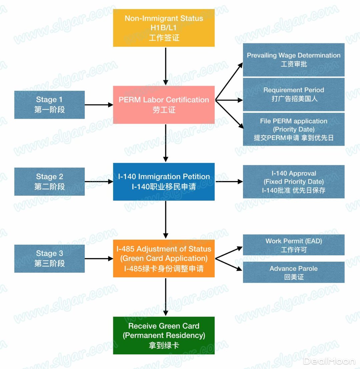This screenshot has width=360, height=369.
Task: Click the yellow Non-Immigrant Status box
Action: [164, 28]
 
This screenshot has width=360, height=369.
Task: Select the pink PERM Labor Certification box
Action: [164, 105]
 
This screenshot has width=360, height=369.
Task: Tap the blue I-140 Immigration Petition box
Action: [164, 182]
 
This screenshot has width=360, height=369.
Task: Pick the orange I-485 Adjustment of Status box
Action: [164, 258]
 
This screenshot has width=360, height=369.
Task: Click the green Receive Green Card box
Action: [164, 335]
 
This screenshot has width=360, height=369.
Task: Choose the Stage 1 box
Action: [49, 105]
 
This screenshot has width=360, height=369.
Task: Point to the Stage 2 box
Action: [49, 182]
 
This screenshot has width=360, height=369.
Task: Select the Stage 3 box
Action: [49, 258]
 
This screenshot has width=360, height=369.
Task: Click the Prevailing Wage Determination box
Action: [294, 60]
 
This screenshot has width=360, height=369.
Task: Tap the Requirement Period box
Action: [294, 94]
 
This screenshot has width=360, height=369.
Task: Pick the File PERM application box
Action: [294, 129]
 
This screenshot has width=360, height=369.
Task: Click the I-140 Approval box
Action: [294, 182]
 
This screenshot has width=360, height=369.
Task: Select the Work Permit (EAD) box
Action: [294, 245]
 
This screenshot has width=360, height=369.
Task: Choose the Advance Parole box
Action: [294, 272]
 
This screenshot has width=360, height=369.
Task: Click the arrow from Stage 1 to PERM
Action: [99, 105]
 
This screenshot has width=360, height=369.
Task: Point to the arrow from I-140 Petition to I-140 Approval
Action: [229, 182]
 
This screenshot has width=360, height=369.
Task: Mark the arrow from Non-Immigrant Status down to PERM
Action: [166, 66]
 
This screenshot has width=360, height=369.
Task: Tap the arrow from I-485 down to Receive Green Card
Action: [166, 297]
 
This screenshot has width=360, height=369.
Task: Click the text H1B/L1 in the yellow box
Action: [164, 28]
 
